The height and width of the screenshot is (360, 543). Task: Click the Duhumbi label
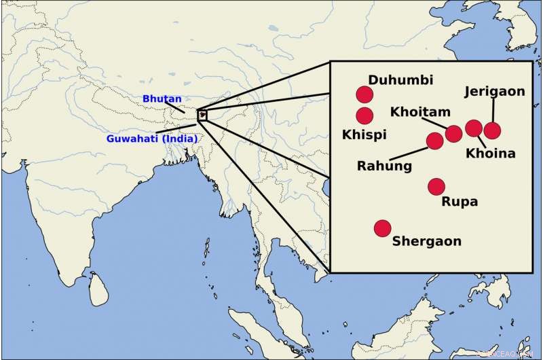click(400, 80)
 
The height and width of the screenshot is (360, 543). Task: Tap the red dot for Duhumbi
click(364, 95)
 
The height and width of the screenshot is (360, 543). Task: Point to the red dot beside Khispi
click(364, 115)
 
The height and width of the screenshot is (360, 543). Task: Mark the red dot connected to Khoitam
click(453, 133)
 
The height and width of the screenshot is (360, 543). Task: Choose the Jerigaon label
click(494, 92)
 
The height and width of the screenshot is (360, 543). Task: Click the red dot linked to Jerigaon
click(492, 130)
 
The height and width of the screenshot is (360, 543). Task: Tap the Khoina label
click(490, 154)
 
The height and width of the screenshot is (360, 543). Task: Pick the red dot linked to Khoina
click(474, 128)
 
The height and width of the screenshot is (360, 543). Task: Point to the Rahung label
click(384, 165)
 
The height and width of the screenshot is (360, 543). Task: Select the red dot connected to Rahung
click(434, 141)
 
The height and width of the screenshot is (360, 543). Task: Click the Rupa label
click(460, 202)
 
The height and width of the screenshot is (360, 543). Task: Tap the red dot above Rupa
click(436, 186)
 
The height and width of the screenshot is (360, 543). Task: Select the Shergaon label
click(427, 240)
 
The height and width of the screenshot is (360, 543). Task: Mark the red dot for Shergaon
click(382, 228)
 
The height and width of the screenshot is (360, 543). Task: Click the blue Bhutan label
click(157, 98)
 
